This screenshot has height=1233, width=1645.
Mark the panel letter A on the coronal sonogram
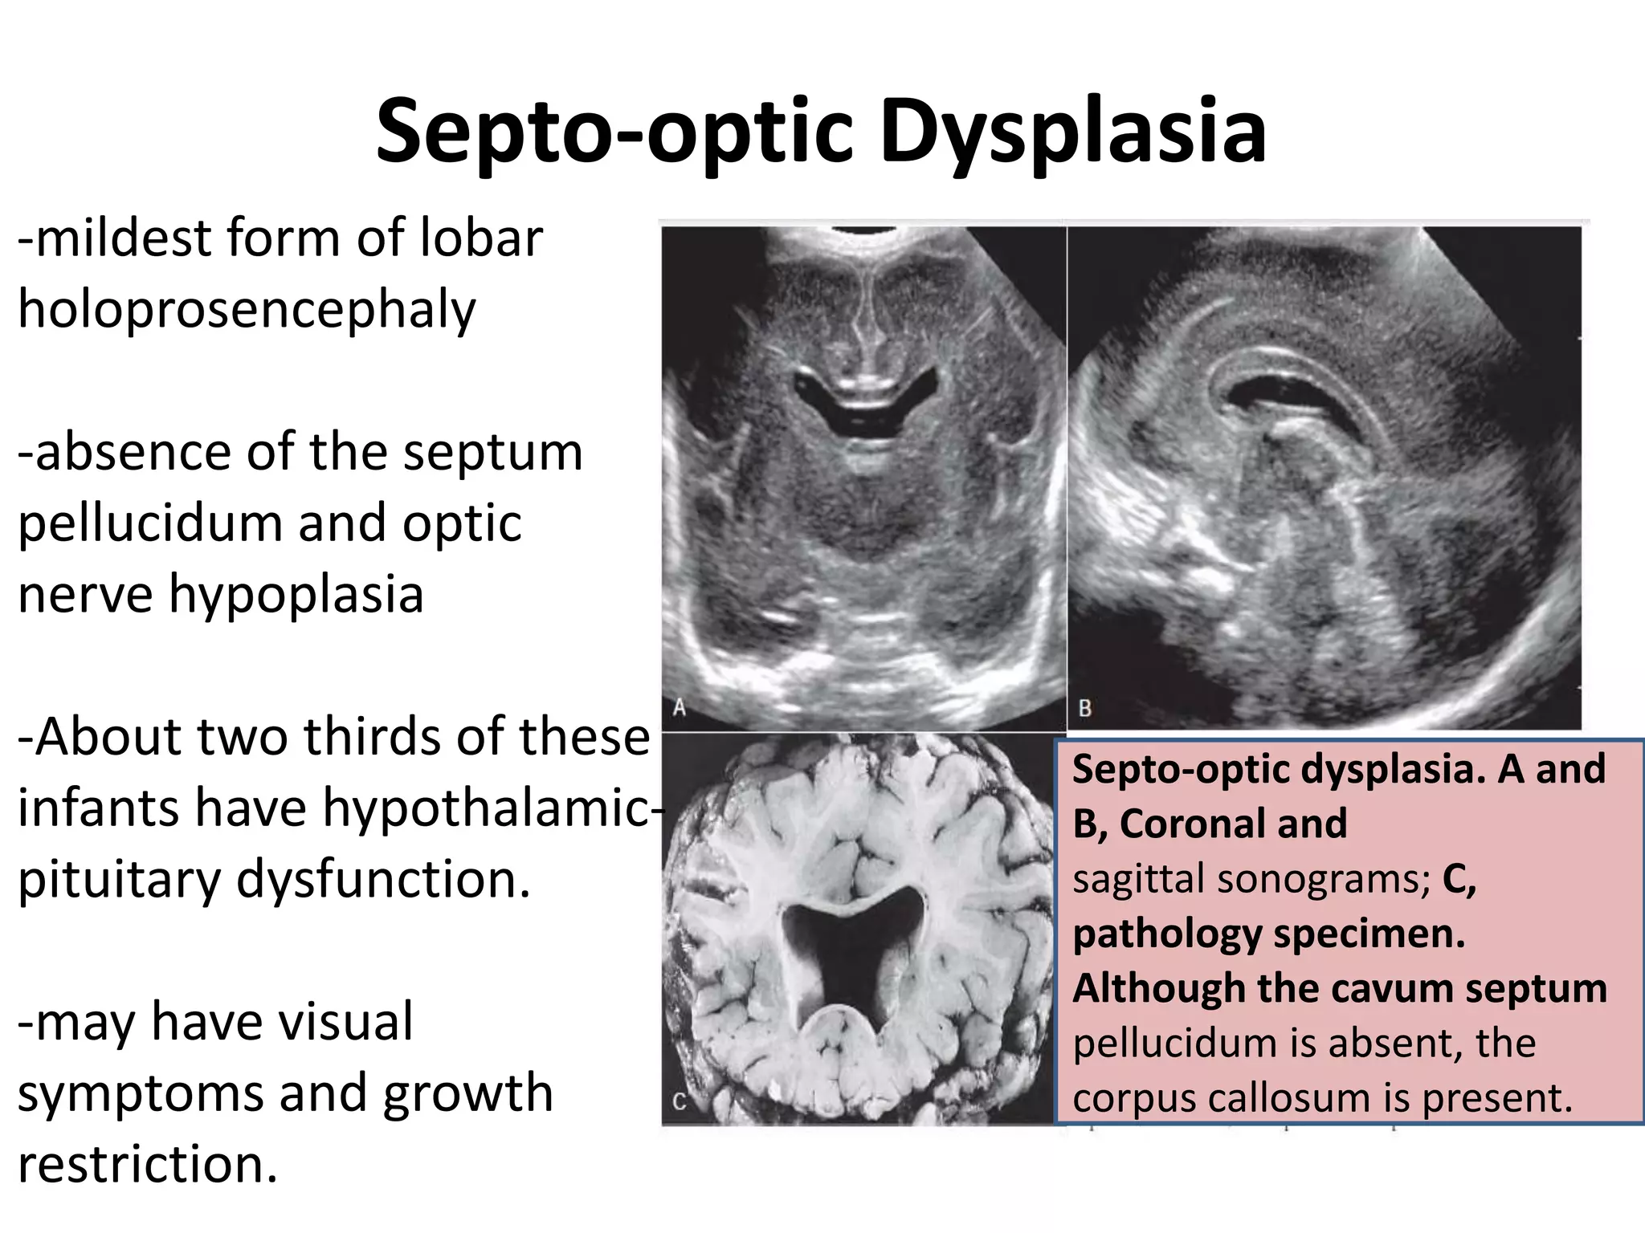[x=680, y=708]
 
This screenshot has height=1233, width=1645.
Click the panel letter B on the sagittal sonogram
[x=1084, y=708]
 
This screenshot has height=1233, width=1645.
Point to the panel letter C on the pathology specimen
[x=679, y=1102]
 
